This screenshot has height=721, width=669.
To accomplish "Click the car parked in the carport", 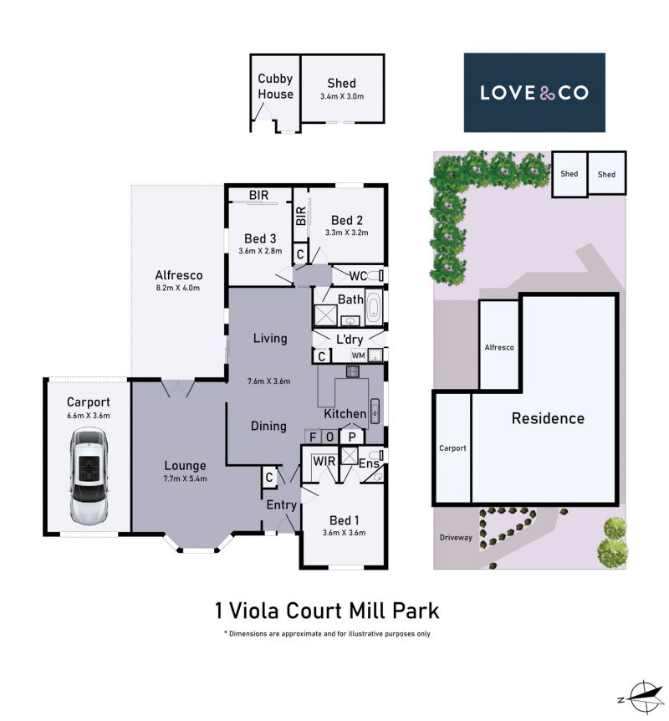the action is click(89, 477).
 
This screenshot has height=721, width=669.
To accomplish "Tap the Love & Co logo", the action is click(534, 92).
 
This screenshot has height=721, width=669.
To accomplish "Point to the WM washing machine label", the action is click(358, 355).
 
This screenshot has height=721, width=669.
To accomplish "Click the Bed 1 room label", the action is click(345, 520).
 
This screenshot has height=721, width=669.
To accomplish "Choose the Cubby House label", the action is click(275, 86).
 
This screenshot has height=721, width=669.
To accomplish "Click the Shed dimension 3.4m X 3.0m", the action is click(342, 96).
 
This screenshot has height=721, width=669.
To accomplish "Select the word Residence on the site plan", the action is click(548, 418).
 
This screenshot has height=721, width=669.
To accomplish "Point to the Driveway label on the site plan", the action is click(456, 537).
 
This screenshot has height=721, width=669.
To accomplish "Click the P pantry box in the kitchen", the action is click(352, 437).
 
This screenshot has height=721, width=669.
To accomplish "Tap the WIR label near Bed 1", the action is click(324, 461).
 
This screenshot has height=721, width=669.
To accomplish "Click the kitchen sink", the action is click(375, 411).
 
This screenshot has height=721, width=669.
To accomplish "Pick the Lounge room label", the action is click(186, 465).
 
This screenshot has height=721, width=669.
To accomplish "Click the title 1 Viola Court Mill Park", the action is click(327, 611).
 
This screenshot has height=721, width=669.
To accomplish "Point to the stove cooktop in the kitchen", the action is click(353, 371).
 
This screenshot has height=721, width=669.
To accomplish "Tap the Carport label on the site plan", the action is click(452, 447).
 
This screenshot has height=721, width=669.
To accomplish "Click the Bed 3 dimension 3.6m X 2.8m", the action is click(260, 251).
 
